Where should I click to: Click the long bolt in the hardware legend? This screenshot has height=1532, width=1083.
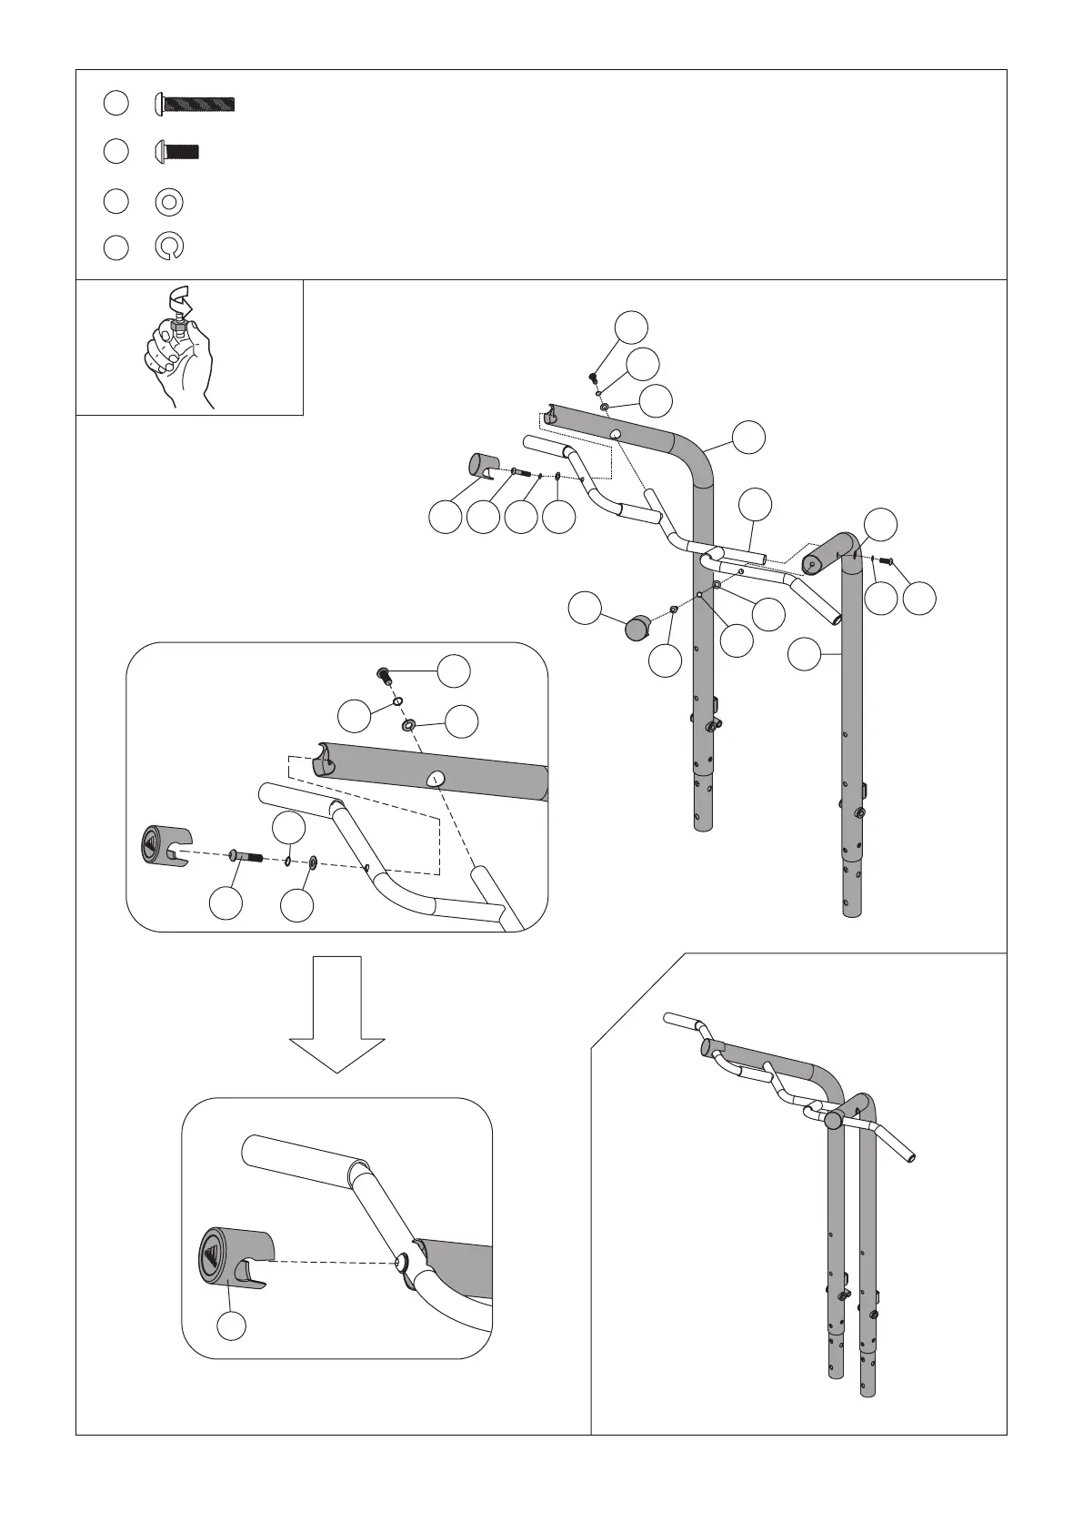tap(196, 104)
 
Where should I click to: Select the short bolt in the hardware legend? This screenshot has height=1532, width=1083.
tap(177, 151)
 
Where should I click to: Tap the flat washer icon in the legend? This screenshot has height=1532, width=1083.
tap(169, 200)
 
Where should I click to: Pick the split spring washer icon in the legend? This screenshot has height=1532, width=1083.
tap(169, 247)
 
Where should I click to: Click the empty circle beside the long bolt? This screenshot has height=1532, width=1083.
tap(115, 104)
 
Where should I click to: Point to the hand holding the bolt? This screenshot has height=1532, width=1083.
tap(180, 359)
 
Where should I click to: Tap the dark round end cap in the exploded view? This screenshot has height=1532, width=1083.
tap(639, 628)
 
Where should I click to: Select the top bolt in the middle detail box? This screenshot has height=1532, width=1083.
tap(385, 675)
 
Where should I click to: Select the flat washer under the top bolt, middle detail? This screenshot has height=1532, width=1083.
tap(406, 725)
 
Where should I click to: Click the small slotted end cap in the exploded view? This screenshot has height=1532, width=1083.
tap(484, 465)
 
